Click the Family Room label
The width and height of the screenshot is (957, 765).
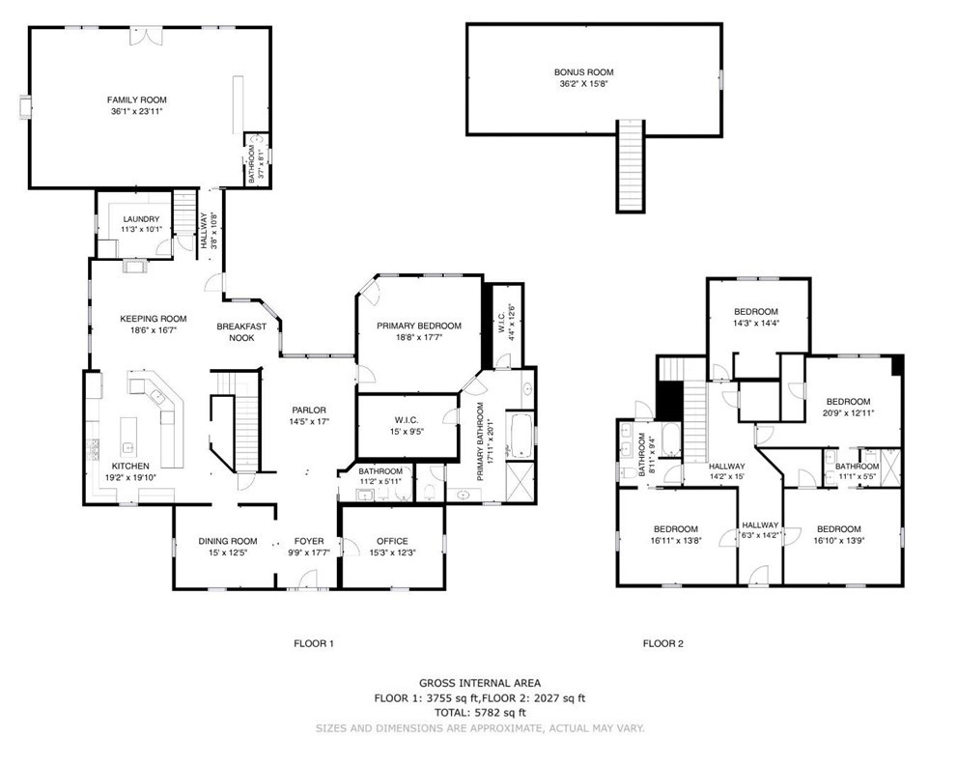(136, 99)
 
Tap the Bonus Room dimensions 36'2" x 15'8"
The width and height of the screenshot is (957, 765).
(583, 84)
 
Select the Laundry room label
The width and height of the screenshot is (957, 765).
(141, 218)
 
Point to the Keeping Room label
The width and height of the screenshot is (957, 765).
(153, 319)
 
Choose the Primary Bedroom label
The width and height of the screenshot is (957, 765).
(419, 326)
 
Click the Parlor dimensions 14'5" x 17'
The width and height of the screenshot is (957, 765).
(309, 421)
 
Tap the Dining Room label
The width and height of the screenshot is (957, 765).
(228, 541)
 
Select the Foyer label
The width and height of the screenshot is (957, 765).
(309, 541)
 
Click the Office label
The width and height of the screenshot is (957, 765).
(392, 541)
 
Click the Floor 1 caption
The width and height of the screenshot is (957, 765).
(313, 642)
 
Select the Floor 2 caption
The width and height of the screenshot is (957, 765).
(662, 642)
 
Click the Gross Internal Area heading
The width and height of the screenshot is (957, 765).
(479, 682)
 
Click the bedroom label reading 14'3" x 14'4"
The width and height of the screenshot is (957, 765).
(755, 325)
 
